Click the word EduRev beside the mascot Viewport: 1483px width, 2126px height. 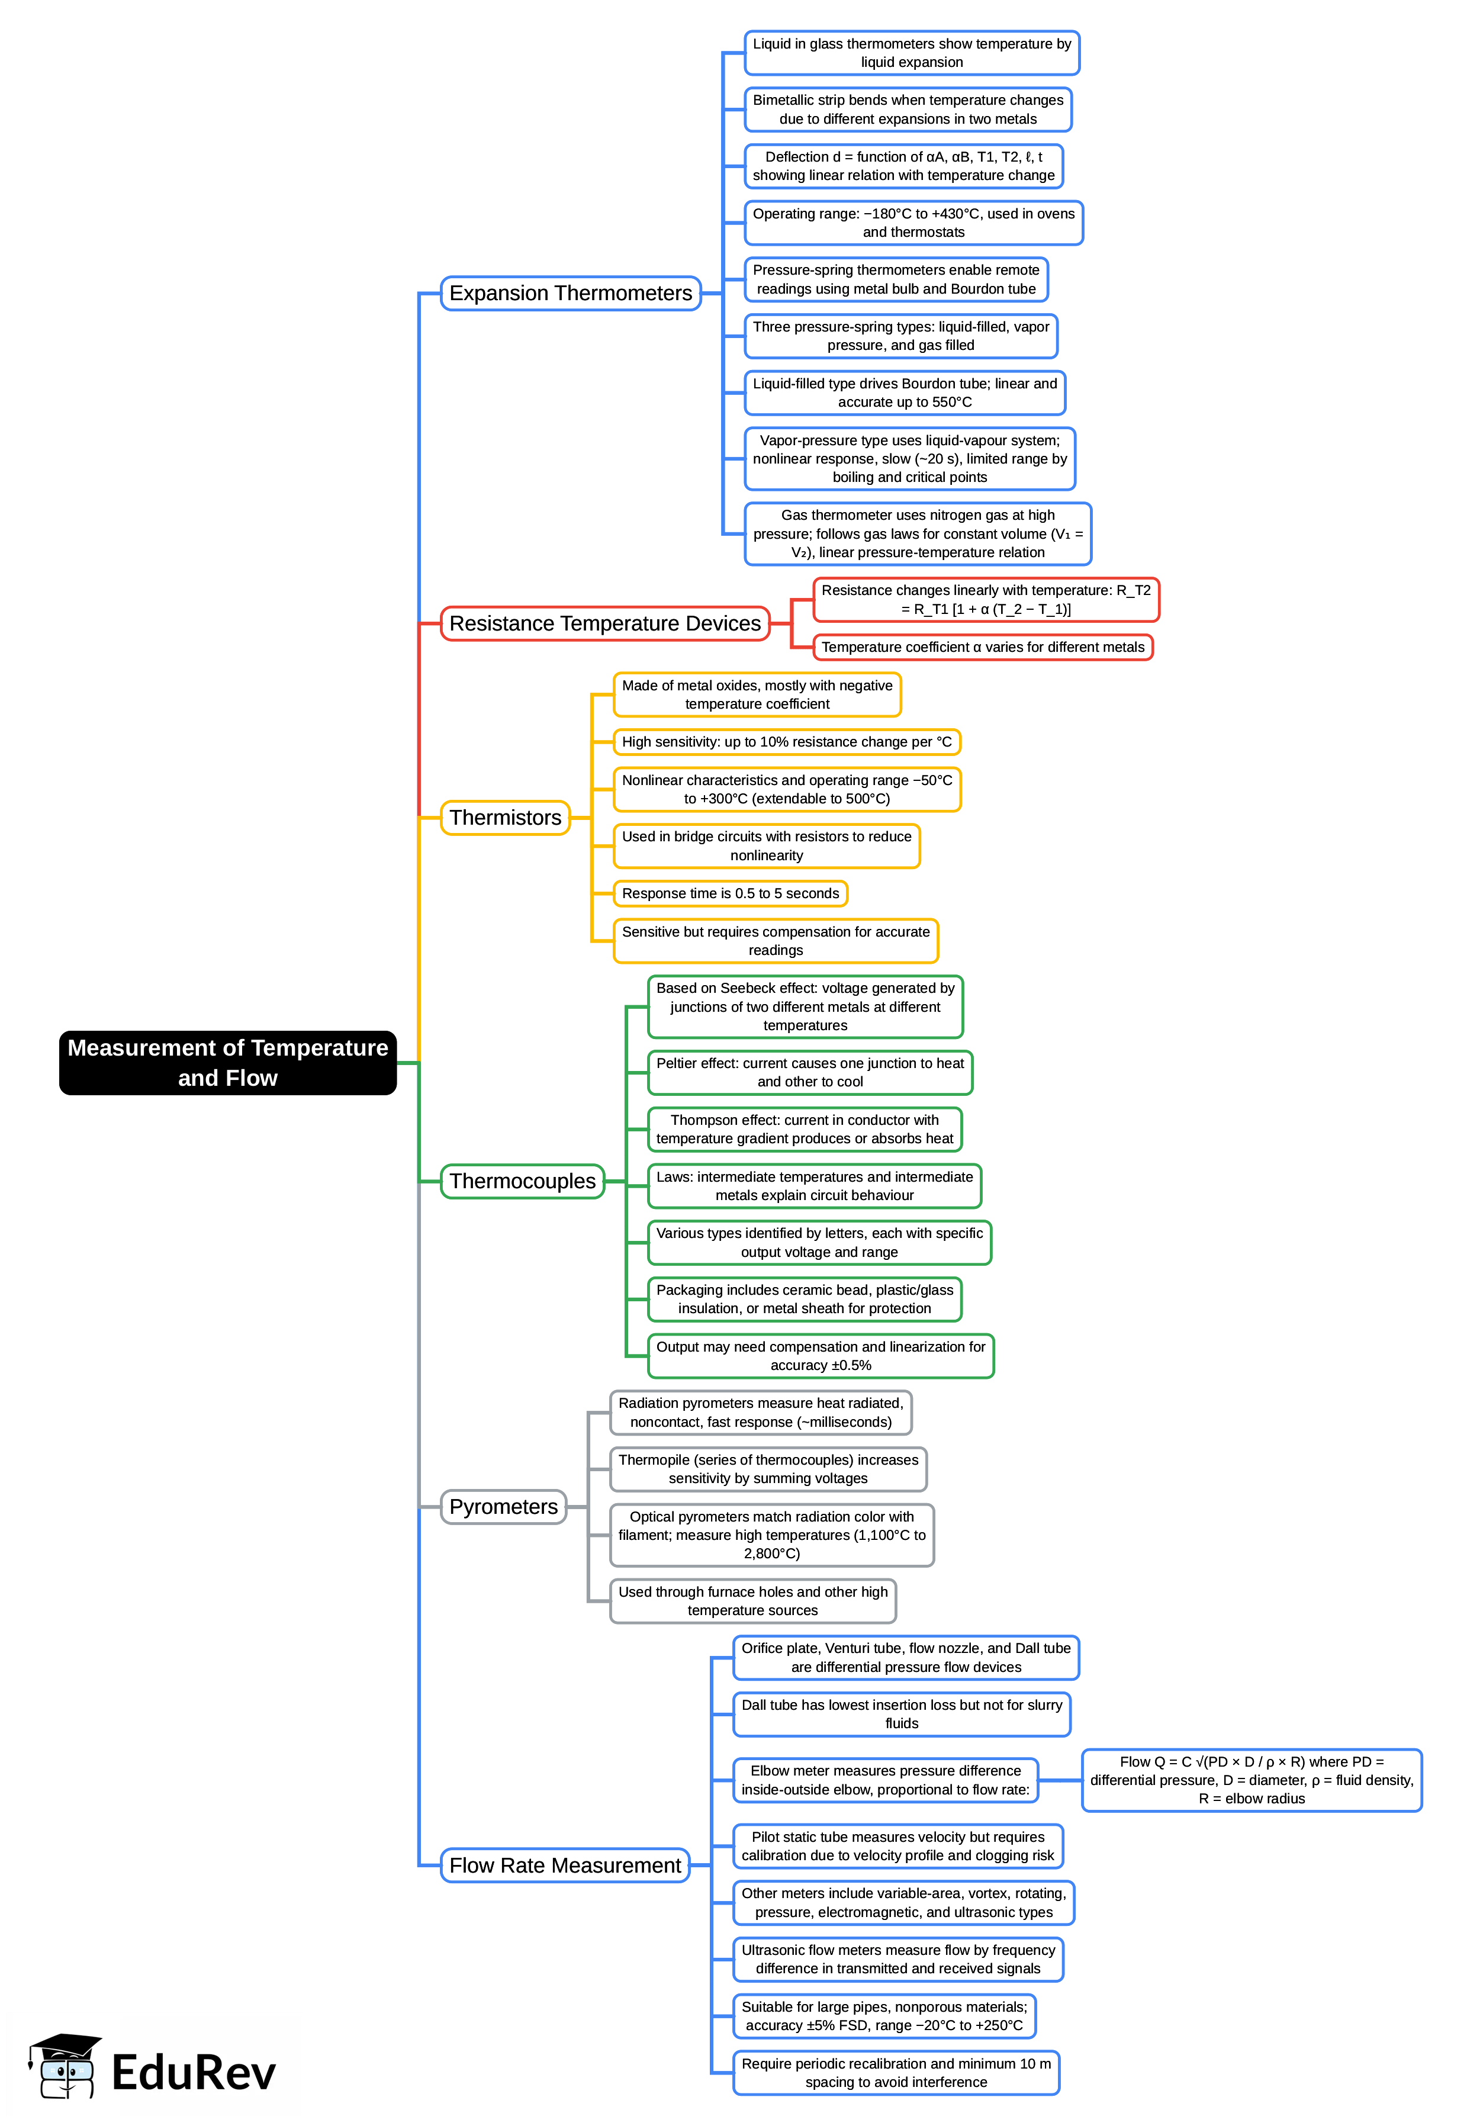pyautogui.click(x=194, y=2072)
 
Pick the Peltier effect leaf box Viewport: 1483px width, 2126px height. pyautogui.click(x=809, y=1072)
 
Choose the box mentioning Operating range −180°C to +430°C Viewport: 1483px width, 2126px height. pyautogui.click(x=913, y=223)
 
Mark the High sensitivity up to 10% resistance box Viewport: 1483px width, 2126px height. pyautogui.click(x=786, y=742)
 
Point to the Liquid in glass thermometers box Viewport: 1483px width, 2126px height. pyautogui.click(x=911, y=53)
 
